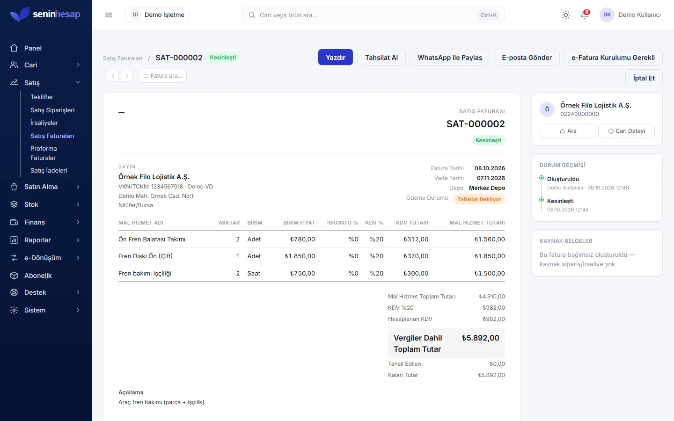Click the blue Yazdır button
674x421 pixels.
coord(335,57)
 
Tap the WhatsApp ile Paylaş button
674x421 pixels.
coord(449,57)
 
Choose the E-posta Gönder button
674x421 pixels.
coord(527,57)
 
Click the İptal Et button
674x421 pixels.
coord(644,78)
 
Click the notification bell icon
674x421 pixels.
coord(584,15)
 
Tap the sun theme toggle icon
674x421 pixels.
coord(566,15)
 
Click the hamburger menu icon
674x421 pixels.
coord(108,15)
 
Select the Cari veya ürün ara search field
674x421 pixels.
coord(373,15)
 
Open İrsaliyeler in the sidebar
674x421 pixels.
coord(44,123)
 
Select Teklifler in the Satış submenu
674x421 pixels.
coord(42,97)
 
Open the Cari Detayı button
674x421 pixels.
coord(626,131)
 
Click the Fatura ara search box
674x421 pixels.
coord(162,76)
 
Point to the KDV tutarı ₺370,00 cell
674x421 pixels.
coord(416,256)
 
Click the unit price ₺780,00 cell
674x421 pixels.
coord(302,239)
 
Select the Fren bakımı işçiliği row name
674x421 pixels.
coord(145,273)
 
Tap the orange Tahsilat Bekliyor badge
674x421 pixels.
coord(479,199)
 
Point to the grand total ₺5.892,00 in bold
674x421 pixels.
coord(480,338)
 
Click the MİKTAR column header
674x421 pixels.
coord(229,223)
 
